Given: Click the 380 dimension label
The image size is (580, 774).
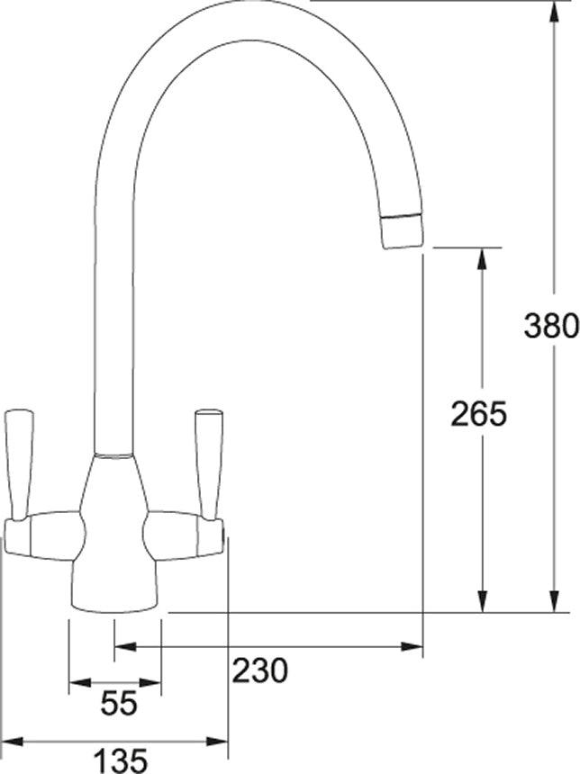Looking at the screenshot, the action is point(551,326).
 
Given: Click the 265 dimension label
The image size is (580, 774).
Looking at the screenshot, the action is point(479,414).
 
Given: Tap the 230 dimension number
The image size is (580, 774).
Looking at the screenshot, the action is point(260,670).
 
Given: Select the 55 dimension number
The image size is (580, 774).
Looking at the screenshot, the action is point(119,703).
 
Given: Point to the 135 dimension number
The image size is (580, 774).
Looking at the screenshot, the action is point(120,760).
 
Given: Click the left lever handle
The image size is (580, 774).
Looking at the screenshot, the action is point(19,464).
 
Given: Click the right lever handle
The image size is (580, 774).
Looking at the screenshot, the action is point(209,464).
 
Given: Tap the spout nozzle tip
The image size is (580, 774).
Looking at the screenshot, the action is point(403,231).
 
